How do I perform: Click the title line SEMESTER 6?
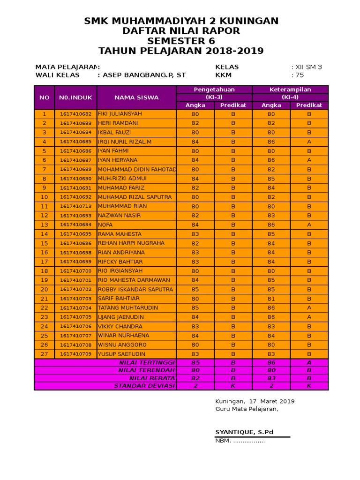(181, 41)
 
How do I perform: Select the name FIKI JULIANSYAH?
(120, 114)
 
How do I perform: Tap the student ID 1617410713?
(75, 206)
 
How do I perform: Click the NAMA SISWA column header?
(136, 97)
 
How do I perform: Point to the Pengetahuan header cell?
(214, 90)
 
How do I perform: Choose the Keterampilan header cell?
(290, 90)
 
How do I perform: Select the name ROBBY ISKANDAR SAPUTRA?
(135, 290)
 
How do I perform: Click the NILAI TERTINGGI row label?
(147, 363)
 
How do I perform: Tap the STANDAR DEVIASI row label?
(144, 386)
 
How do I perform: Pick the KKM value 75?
(299, 75)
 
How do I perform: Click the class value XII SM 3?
(308, 67)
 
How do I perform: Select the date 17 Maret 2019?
(271, 401)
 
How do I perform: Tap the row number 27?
(45, 354)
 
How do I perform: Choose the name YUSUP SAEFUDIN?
(121, 354)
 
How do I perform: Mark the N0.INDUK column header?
(75, 97)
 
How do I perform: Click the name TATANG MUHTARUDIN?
(128, 308)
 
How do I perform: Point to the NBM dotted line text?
(241, 441)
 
